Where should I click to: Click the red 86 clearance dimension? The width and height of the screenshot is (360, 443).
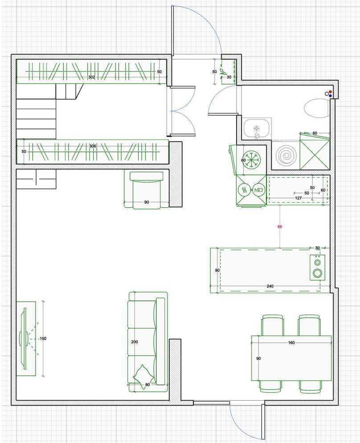tap(279, 226)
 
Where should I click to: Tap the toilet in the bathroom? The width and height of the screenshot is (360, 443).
tap(317, 108)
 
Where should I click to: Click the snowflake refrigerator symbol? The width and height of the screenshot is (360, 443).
tap(251, 160)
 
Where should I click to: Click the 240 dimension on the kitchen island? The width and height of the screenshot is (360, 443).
tap(270, 286)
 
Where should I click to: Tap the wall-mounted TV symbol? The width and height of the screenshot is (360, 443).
tap(24, 338)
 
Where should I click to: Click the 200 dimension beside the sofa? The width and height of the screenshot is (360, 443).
tap(135, 342)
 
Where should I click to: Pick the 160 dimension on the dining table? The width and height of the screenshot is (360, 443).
tap(291, 343)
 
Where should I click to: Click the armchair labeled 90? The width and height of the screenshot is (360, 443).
tap(147, 190)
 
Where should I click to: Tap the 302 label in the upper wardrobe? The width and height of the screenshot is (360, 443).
tap(91, 77)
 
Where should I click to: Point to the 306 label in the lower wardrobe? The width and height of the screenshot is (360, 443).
tap(93, 146)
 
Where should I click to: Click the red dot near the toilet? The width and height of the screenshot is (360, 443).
tap(330, 92)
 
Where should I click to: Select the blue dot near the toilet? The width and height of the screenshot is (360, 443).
tap(330, 96)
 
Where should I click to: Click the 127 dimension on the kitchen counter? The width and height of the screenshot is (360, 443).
tap(298, 198)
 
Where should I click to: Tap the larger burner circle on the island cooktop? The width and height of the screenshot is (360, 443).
tap(317, 273)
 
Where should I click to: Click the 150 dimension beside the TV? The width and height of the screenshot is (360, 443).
tap(43, 338)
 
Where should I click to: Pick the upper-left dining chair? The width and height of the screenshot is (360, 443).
tap(273, 325)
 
